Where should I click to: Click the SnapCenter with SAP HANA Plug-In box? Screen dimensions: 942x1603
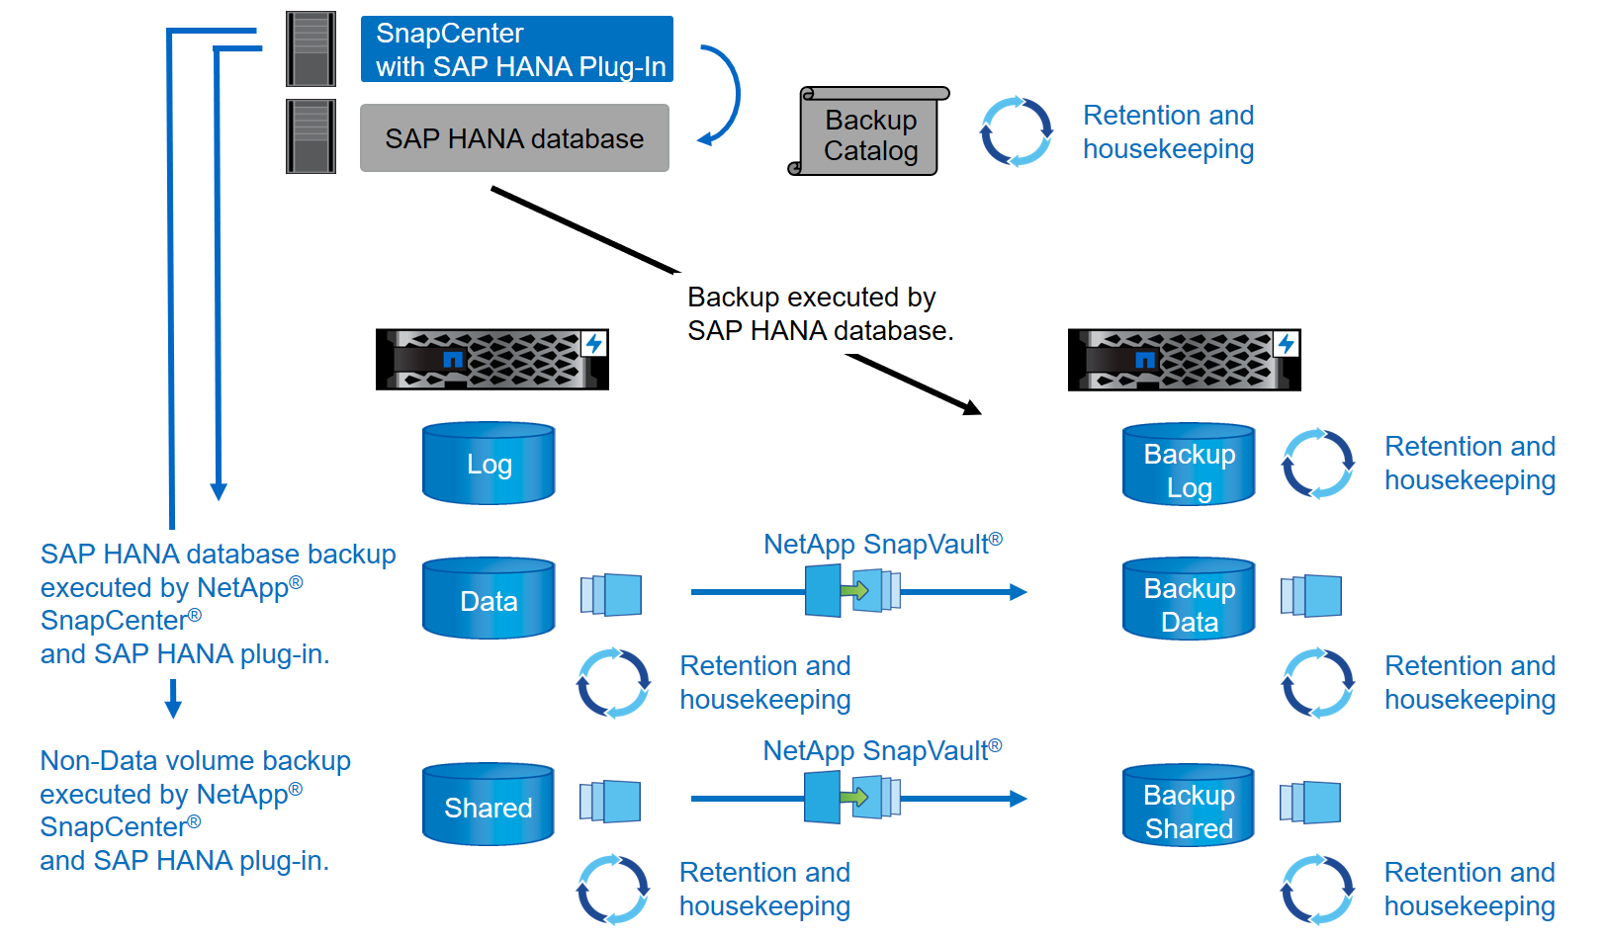click(516, 49)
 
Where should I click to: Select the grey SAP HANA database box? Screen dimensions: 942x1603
click(514, 138)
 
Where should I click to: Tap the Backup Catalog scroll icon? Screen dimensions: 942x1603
click(869, 132)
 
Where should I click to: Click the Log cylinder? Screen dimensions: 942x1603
click(489, 464)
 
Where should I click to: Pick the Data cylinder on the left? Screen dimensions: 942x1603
click(489, 599)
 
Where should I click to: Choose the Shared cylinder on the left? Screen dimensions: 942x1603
click(488, 805)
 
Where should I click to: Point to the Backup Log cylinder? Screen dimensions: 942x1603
click(1189, 466)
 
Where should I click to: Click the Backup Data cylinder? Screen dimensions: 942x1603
click(1189, 599)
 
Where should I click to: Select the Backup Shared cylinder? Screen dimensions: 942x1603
click(1188, 806)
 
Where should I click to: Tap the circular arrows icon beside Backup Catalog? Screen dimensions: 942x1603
click(1016, 131)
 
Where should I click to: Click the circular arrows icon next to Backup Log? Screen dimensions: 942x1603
click(1317, 464)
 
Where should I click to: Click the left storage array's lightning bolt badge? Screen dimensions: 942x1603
click(593, 344)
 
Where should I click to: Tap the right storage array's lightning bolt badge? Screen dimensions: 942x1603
click(1286, 344)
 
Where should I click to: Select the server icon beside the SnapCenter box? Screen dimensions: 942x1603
click(311, 49)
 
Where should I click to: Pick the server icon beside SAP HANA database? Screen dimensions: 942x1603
click(311, 136)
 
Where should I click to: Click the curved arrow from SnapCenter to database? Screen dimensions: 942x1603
click(726, 95)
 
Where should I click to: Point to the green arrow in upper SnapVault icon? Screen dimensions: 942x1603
click(854, 591)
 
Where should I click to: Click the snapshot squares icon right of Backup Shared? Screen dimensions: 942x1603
click(1310, 802)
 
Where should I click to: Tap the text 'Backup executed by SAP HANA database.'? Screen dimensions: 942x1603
click(820, 314)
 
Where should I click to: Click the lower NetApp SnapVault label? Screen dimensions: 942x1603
click(882, 751)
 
